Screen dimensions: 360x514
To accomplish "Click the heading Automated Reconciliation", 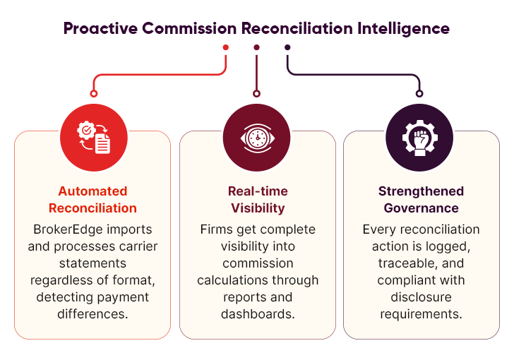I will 92,200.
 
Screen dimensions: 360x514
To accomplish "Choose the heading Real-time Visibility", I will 257,200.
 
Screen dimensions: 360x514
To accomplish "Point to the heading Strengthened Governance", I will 421,200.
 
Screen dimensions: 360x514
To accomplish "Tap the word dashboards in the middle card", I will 257,314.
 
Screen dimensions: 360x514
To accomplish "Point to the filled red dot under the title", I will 226,47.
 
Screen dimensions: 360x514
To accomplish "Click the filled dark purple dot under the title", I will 287,47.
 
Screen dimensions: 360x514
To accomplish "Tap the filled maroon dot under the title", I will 256,47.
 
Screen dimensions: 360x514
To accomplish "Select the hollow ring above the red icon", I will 92,93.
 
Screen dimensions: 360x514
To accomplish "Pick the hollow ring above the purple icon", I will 419,93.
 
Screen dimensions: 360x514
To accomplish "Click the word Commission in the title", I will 189,29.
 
